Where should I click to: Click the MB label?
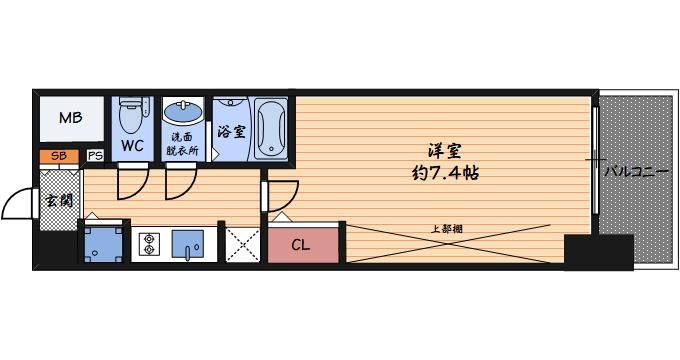70,119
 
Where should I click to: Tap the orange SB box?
59,156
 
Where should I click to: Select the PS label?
95,156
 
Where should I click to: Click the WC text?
132,146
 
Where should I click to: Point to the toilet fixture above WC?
131,116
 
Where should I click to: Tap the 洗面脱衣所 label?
183,144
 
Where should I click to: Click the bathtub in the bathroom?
270,128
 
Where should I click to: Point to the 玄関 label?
58,199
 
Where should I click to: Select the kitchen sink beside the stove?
188,243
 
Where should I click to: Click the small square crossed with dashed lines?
241,243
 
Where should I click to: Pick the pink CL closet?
301,243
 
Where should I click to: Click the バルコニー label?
637,173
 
